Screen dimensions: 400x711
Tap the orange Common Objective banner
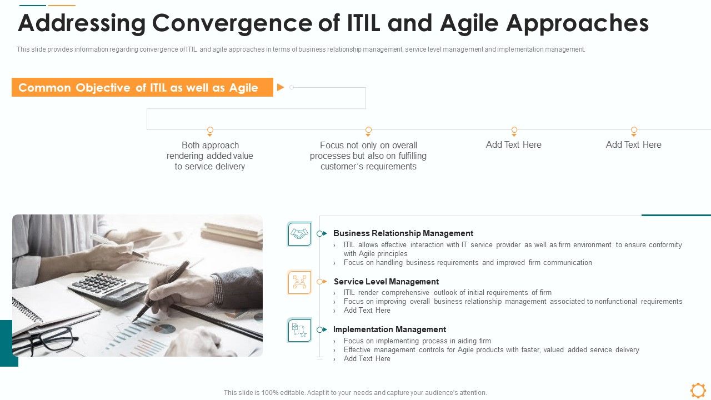142,87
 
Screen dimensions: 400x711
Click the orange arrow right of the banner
281,87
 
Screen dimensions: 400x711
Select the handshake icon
299,234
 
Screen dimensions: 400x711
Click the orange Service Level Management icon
299,282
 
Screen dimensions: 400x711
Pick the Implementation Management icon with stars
299,330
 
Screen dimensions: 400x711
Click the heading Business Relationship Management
403,233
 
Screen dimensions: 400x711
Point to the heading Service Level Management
386,282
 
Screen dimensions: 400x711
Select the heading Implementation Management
389,329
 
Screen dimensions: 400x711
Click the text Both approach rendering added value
210,156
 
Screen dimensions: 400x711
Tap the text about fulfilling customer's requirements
368,156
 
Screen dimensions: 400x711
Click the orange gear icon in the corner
698,390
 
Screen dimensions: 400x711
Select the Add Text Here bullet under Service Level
367,311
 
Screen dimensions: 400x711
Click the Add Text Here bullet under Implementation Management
367,359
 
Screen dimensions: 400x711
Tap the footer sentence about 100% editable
355,393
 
